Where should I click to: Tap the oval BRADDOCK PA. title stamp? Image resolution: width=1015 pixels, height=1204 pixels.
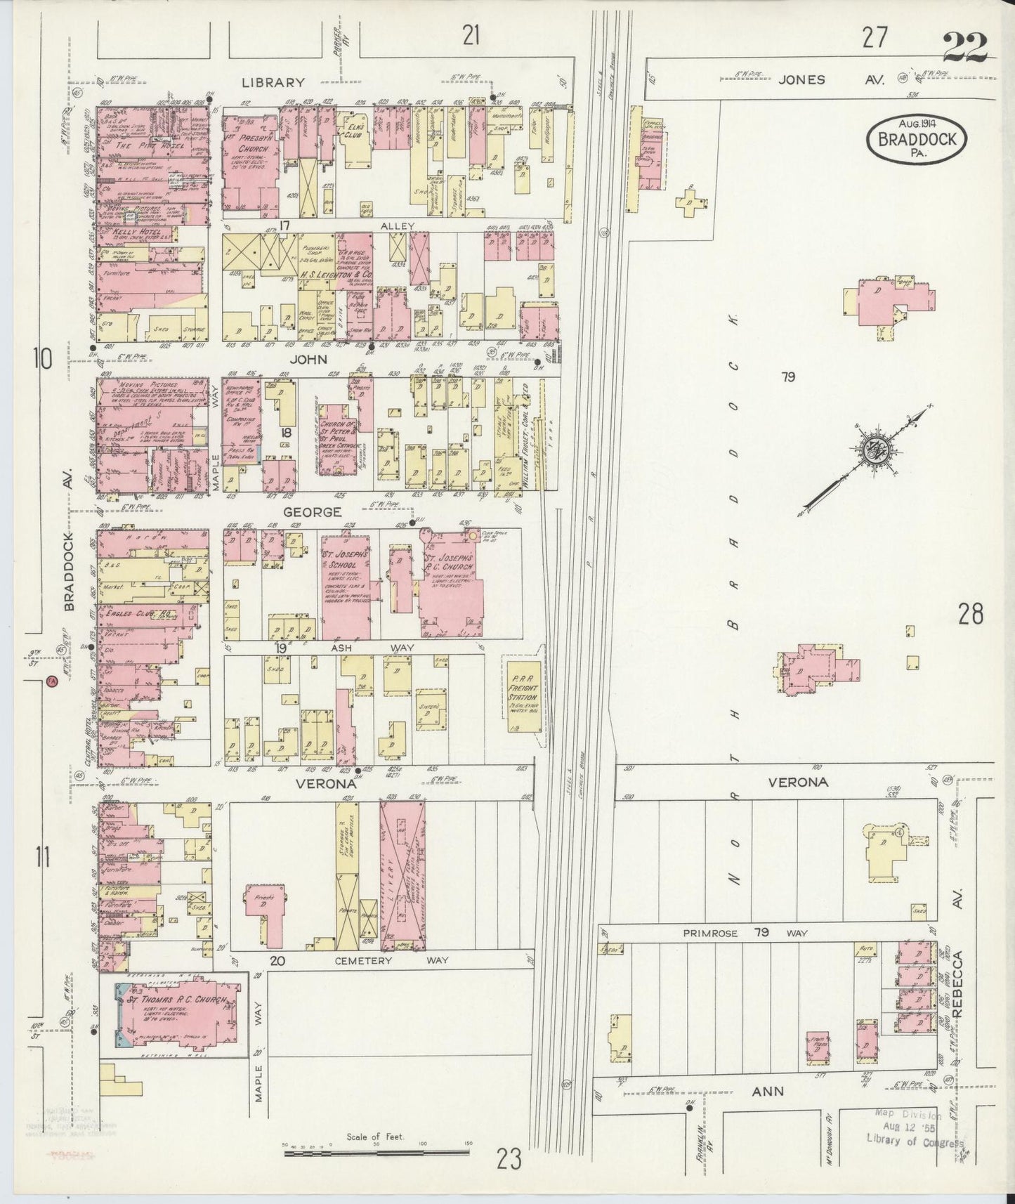tap(917, 139)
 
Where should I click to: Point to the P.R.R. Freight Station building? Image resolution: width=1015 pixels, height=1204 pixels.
tap(523, 696)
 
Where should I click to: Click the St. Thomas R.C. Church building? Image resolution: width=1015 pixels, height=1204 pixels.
tap(176, 1014)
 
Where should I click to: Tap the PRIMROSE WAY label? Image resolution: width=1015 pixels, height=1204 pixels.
tap(745, 934)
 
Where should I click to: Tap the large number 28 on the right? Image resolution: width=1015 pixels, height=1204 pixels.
tap(970, 615)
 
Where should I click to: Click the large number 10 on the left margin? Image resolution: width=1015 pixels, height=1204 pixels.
tap(42, 360)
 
